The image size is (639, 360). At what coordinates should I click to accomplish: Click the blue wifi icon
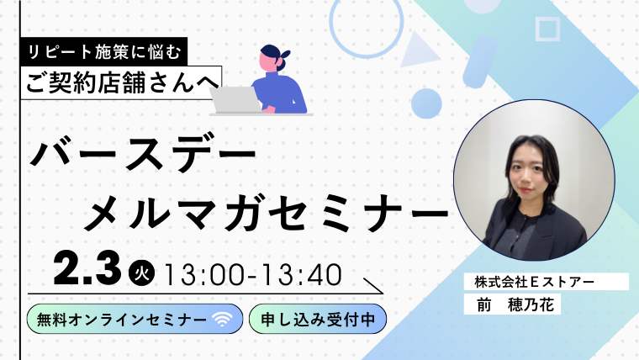[222, 320]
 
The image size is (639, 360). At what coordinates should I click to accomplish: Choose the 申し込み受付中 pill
[317, 320]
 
